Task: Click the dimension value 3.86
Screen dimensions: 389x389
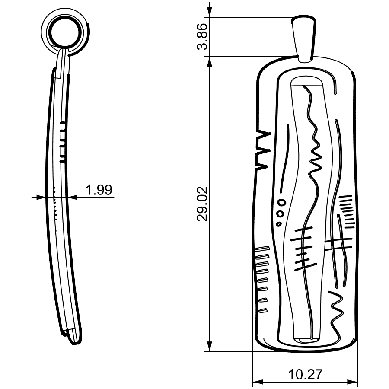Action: (x=201, y=37)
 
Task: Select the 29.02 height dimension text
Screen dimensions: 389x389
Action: (x=201, y=204)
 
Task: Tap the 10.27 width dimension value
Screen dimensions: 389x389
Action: (x=305, y=374)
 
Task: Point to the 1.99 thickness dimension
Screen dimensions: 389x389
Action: (x=99, y=190)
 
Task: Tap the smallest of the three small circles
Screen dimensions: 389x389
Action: (x=279, y=224)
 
